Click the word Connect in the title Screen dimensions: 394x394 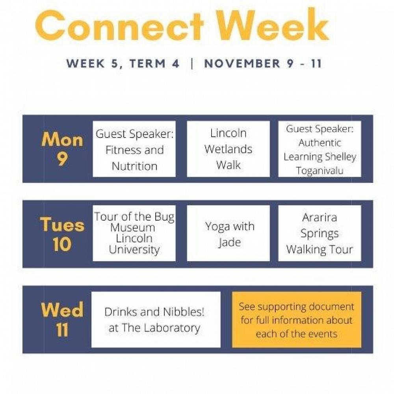click(x=120, y=25)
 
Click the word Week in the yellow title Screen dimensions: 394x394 click(x=273, y=24)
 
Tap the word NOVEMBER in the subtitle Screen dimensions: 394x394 click(x=242, y=63)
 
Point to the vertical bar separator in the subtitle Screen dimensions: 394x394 click(x=192, y=63)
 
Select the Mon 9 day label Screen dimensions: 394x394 click(x=62, y=149)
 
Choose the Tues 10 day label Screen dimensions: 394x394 click(x=62, y=234)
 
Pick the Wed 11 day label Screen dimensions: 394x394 click(x=62, y=320)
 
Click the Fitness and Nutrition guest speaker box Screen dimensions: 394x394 click(x=134, y=149)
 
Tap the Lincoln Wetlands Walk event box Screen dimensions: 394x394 click(x=229, y=149)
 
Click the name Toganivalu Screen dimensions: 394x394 click(x=320, y=170)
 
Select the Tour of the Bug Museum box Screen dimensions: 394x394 click(x=134, y=233)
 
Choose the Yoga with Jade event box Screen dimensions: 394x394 click(x=229, y=233)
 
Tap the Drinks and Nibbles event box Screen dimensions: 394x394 click(x=156, y=320)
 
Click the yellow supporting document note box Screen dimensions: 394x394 click(x=297, y=320)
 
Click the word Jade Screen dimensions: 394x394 click(x=229, y=242)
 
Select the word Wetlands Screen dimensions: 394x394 click(x=228, y=149)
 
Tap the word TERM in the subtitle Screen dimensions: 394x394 click(x=148, y=63)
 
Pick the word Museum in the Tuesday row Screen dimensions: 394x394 click(x=133, y=228)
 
